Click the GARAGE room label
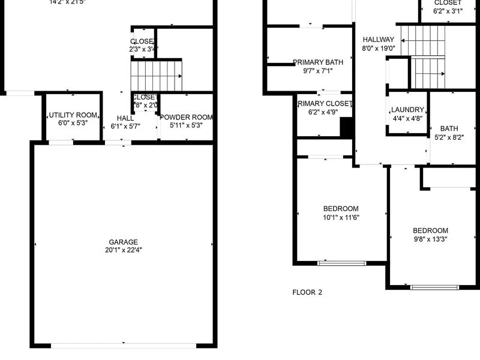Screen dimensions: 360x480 (x=123, y=242)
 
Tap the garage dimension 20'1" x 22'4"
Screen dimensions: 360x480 (x=123, y=250)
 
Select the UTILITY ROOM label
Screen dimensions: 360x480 (x=73, y=115)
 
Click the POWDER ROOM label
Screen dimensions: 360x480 (x=187, y=117)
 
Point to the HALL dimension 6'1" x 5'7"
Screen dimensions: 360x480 (x=125, y=127)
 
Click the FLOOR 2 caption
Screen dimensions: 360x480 (x=307, y=293)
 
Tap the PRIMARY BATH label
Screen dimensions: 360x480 (x=317, y=62)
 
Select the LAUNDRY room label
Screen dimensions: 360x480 (x=407, y=110)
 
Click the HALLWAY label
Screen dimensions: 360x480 (x=378, y=40)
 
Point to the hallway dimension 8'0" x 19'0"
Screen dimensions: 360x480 (x=378, y=49)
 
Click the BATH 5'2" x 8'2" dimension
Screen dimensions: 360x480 (x=449, y=137)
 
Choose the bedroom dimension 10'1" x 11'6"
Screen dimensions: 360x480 (x=341, y=217)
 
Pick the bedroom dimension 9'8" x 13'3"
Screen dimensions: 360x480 (x=430, y=239)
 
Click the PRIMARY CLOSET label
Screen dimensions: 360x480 (x=325, y=104)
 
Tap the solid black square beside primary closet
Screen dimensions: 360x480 (x=346, y=127)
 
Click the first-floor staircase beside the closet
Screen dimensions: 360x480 (x=156, y=75)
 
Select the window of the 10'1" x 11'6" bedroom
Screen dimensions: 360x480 (x=341, y=263)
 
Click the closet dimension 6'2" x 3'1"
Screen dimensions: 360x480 (x=448, y=11)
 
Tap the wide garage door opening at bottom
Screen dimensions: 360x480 (x=123, y=346)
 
